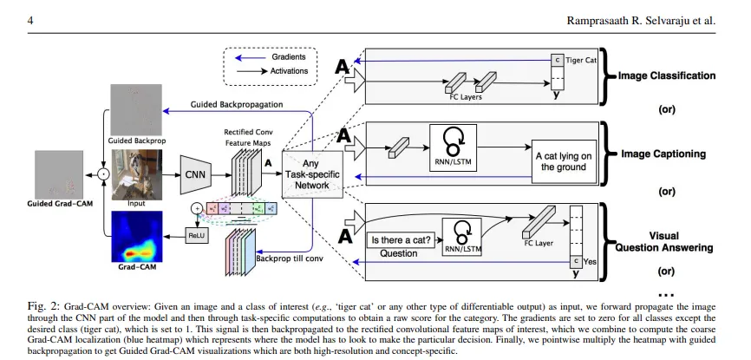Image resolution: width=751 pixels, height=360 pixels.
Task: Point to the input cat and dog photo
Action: click(136, 173)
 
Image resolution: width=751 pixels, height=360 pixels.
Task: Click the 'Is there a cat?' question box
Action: click(400, 239)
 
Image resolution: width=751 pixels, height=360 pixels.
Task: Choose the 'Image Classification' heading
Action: click(667, 76)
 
